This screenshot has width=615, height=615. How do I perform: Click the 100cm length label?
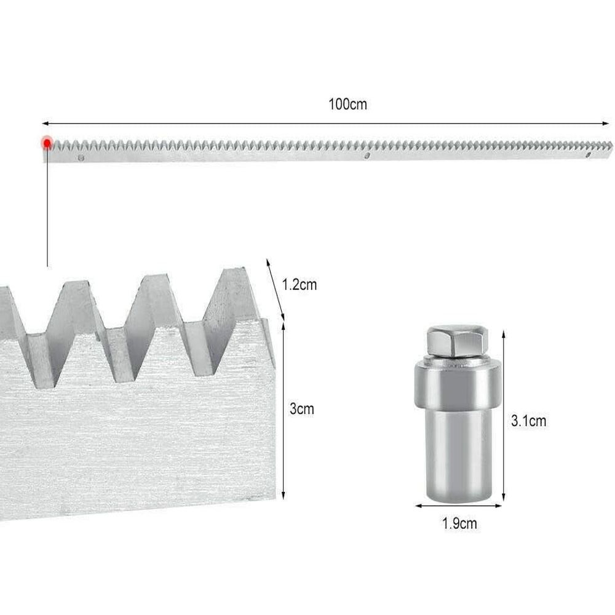point(347,105)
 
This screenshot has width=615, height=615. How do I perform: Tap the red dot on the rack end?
point(47,143)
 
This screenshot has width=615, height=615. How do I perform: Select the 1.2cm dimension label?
point(300,284)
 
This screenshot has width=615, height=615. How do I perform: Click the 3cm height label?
point(301,409)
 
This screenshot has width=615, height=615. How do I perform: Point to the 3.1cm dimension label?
point(528,421)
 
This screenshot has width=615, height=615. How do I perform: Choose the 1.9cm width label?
point(459,523)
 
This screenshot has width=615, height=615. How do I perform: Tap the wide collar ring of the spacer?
point(458,384)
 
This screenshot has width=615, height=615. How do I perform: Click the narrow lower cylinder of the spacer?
point(458,455)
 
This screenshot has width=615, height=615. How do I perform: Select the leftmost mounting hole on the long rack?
point(81,157)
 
